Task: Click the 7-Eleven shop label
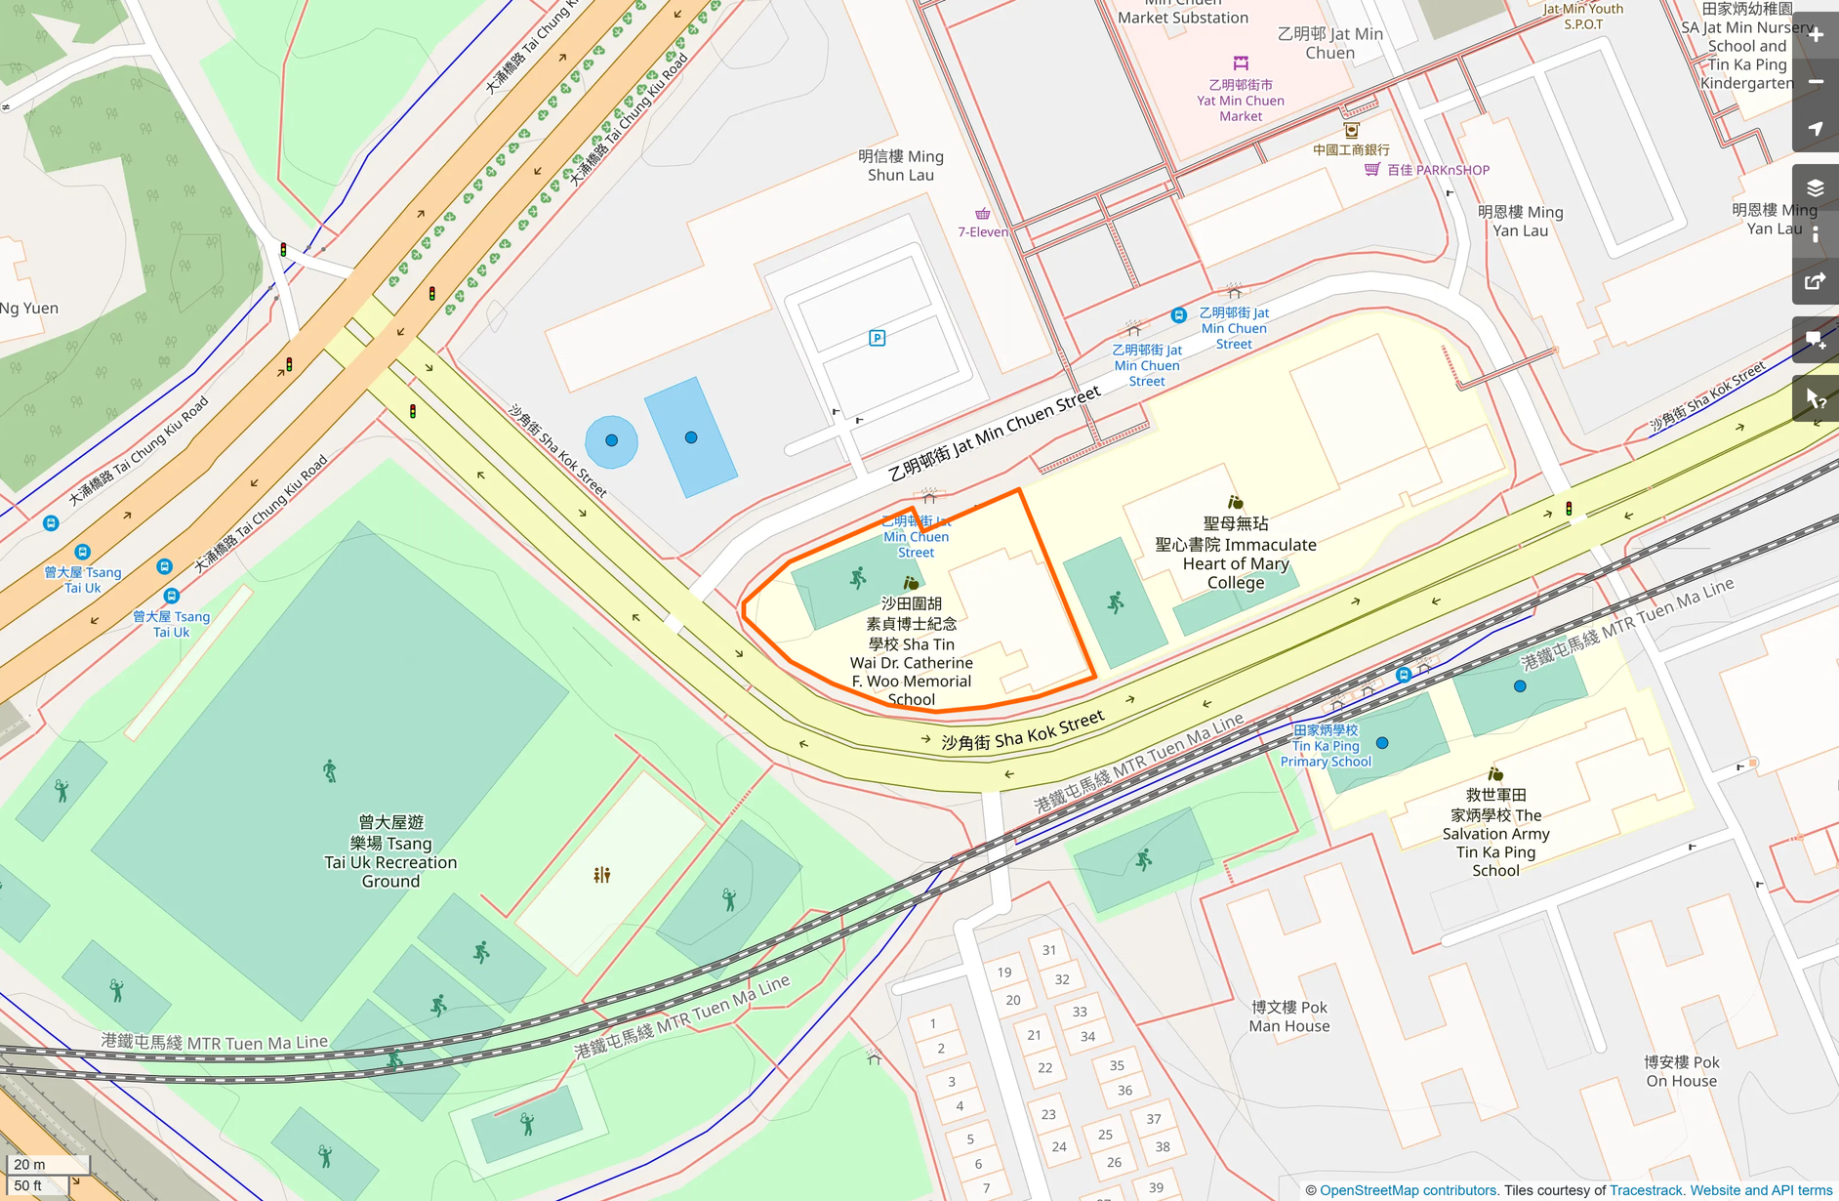(982, 231)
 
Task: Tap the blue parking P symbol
(877, 338)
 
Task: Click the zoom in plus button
(1816, 35)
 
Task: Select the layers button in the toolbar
(1816, 187)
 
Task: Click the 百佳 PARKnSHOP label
(1437, 170)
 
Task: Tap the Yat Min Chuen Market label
(1241, 101)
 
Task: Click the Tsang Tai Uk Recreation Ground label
(390, 851)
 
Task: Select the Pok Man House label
(1288, 1016)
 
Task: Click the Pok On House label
(1681, 1071)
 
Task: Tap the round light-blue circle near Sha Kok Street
(611, 440)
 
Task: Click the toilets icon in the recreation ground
(601, 875)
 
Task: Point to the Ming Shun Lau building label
(900, 165)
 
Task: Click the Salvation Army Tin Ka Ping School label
(1495, 833)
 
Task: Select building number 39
(1156, 1187)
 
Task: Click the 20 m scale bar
(47, 1164)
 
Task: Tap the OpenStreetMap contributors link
(1408, 1190)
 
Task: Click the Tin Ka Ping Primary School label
(1326, 746)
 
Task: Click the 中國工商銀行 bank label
(1351, 149)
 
